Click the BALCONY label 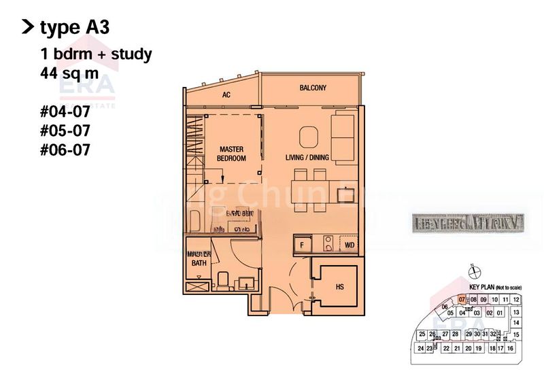pos(313,88)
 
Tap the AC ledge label pos(226,94)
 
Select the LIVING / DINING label pos(307,158)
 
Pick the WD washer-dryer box pos(349,244)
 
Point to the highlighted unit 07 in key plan pos(462,300)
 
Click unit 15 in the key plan pos(516,335)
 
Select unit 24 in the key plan pos(421,348)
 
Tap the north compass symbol pos(471,275)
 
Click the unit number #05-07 pos(65,128)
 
